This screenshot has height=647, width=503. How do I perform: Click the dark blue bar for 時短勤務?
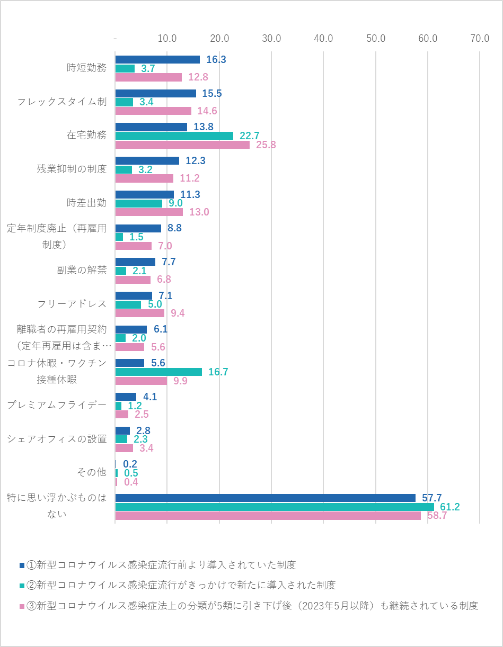(157, 60)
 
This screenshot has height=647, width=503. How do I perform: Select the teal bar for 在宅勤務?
(174, 136)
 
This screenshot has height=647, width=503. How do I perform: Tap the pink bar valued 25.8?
(182, 145)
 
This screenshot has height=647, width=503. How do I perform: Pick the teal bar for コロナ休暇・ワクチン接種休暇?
(158, 372)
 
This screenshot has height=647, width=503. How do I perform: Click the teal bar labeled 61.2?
(274, 507)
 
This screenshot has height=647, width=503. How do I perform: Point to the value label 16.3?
(216, 60)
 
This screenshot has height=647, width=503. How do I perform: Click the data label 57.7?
(432, 498)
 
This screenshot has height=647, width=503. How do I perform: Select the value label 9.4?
(178, 313)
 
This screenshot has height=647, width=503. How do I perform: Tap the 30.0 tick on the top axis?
(271, 39)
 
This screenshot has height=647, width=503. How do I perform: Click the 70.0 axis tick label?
(480, 39)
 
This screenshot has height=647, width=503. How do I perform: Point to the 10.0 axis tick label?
(167, 39)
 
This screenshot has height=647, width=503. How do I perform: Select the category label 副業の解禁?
(82, 270)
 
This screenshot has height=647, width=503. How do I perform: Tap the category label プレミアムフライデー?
(57, 405)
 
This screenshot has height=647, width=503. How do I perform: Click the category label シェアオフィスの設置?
(57, 439)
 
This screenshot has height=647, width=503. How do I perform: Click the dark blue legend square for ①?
(22, 565)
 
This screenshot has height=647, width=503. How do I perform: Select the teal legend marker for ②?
(22, 586)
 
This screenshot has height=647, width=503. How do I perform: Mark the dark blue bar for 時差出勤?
(144, 195)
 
